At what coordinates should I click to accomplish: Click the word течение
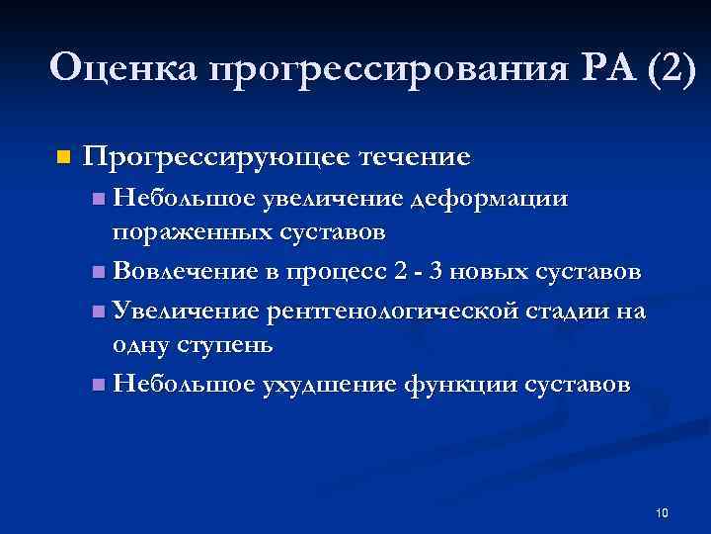coord(414,156)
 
